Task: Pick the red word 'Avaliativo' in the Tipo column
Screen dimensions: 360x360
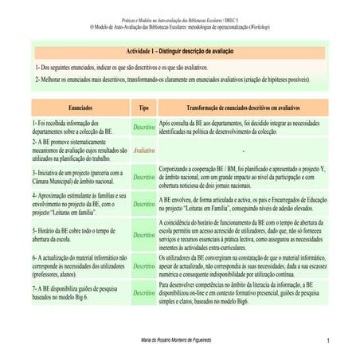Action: coord(143,150)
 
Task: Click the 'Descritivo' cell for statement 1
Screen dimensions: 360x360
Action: coord(143,127)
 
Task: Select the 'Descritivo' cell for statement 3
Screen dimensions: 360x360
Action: coord(143,177)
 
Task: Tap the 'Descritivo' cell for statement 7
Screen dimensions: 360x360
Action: coord(143,293)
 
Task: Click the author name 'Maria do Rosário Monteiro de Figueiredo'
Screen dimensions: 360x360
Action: coord(179,342)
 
